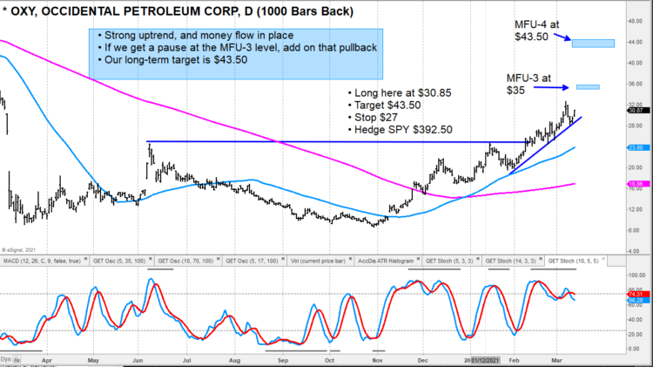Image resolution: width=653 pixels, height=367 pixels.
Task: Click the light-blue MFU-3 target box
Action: coord(588,86)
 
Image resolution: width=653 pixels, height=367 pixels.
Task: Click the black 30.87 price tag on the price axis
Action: coord(636,110)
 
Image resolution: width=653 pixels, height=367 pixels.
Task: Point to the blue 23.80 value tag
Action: coord(636,147)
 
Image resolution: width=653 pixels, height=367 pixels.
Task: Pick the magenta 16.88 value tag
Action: coord(636,184)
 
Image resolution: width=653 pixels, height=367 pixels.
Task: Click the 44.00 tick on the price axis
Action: coord(636,42)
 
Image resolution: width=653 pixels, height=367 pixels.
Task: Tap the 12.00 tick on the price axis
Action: coord(636,210)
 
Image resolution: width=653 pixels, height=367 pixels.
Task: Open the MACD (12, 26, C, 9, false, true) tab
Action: coord(44,260)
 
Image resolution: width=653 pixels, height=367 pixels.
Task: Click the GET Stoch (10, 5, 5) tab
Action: coord(577,260)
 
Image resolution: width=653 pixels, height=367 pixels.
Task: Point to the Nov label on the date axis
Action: coord(377,357)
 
